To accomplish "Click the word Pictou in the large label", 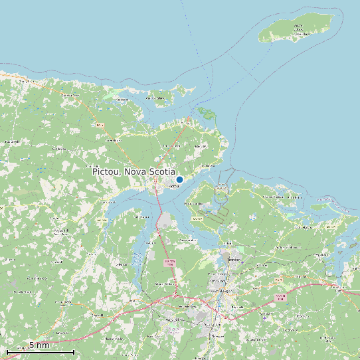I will coord(106,171).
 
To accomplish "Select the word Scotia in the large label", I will coord(163,171).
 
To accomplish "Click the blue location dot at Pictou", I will coord(179,179).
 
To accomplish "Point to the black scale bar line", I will coord(40,351).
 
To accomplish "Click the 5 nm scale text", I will coord(39,345).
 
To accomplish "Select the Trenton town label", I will coord(233,260).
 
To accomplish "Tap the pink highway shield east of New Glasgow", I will coord(280,296).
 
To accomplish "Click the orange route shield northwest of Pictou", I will coord(100,125).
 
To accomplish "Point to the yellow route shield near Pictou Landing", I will coord(197,219).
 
